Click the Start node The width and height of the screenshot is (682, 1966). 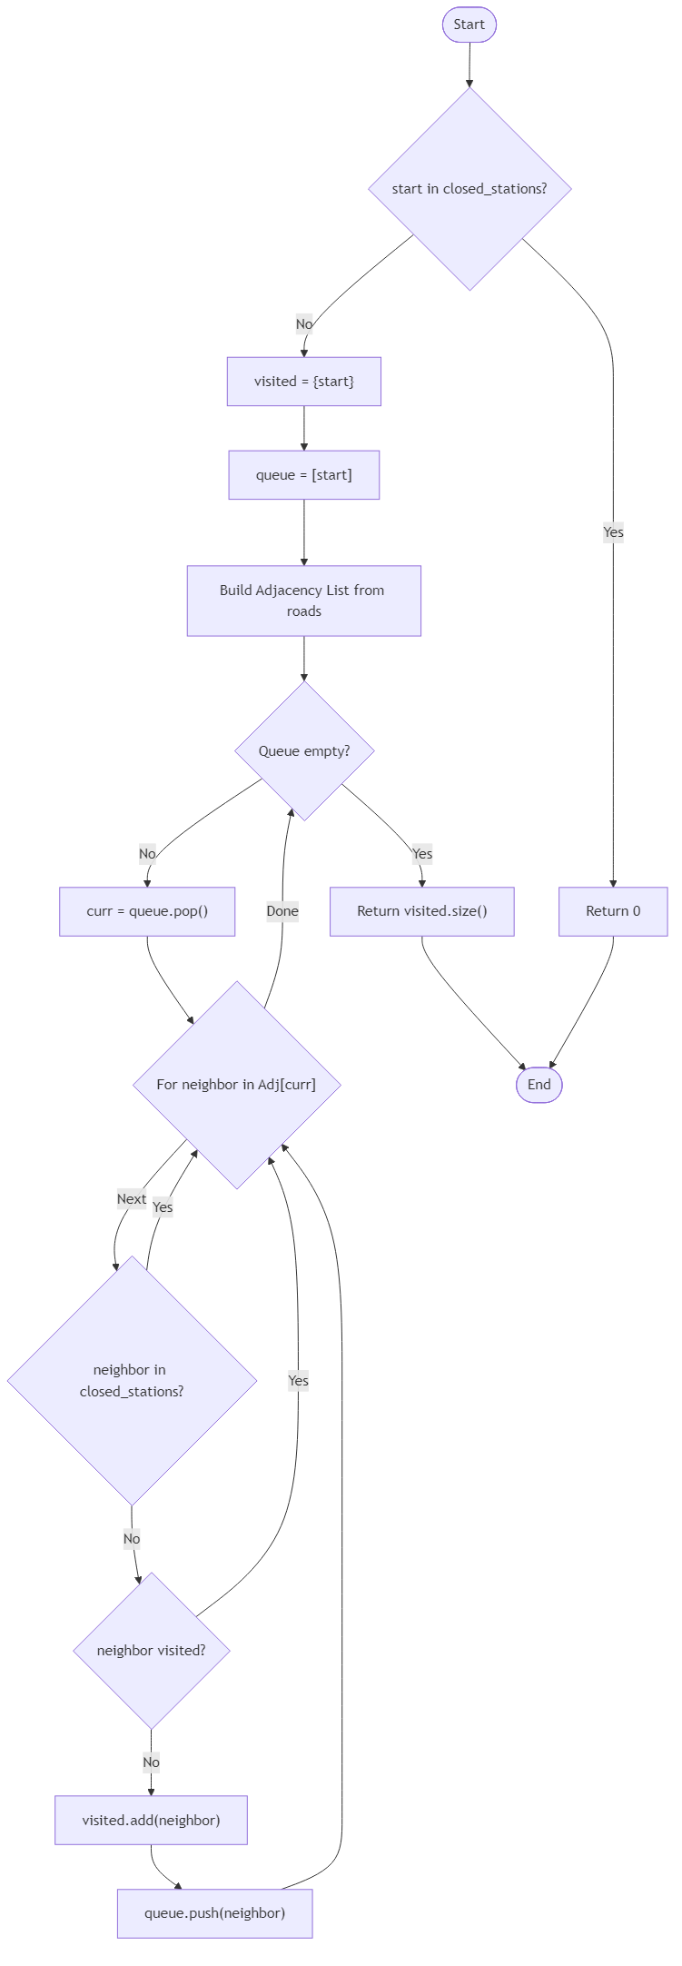point(469,25)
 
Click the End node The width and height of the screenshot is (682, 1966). point(539,1084)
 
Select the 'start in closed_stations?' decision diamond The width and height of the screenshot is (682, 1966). point(469,189)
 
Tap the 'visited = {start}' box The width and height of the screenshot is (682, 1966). point(303,382)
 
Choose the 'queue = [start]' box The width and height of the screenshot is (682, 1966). point(303,475)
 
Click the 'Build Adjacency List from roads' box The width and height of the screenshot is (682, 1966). point(303,601)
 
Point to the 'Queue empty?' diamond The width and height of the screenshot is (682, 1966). point(303,750)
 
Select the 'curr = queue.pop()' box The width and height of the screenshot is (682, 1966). point(147,910)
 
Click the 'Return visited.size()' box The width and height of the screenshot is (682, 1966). point(421,910)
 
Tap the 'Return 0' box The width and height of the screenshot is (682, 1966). point(612,910)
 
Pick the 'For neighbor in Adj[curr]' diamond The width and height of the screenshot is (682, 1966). point(236,1084)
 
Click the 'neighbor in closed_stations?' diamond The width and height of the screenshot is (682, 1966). point(132,1380)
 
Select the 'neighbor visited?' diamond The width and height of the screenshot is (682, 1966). point(151,1650)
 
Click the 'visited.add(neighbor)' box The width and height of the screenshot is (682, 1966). point(151,1820)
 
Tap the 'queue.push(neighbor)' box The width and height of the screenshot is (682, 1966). point(214,1913)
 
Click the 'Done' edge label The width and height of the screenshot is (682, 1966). point(282,910)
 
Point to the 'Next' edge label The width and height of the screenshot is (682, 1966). point(132,1198)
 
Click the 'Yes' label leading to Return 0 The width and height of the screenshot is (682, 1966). point(613,531)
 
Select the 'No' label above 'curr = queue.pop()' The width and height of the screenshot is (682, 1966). point(147,853)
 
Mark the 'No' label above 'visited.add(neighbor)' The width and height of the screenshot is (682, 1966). point(151,1762)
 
